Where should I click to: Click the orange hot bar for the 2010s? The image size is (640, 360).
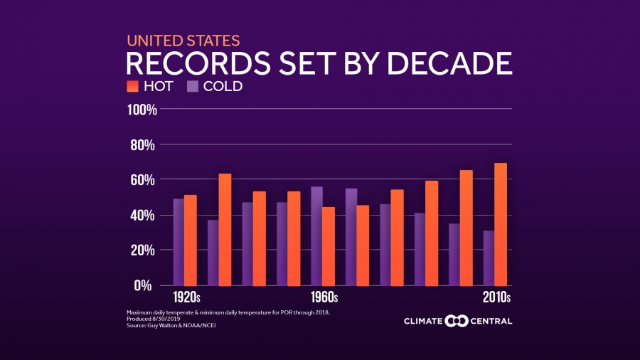coord(501,224)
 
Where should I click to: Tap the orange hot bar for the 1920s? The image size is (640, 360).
coord(191,240)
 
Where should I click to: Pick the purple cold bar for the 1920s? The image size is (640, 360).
coord(178,242)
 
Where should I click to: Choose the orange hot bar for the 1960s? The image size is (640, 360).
coord(329,246)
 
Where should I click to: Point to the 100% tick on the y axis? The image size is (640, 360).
coord(142,110)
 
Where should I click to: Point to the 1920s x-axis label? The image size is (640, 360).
coord(186,297)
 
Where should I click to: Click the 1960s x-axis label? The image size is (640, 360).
coord(324,297)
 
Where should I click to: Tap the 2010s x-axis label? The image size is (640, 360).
coord(495,297)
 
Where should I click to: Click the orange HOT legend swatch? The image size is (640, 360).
coord(134,86)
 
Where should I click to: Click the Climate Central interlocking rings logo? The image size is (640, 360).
coord(456,321)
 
